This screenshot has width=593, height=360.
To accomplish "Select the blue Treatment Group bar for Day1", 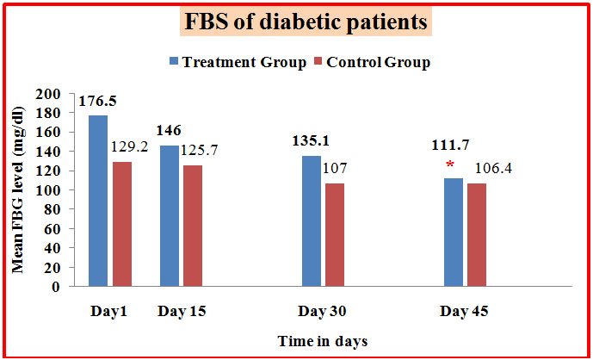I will [x=97, y=201].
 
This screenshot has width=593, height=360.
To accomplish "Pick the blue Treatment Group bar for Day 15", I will [x=170, y=215].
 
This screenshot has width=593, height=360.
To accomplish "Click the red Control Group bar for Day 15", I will [x=193, y=226].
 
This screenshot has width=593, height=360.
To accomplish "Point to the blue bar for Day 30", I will [x=311, y=221].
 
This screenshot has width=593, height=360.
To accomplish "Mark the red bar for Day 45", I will [x=476, y=234].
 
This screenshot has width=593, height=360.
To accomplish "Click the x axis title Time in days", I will [x=323, y=341].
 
